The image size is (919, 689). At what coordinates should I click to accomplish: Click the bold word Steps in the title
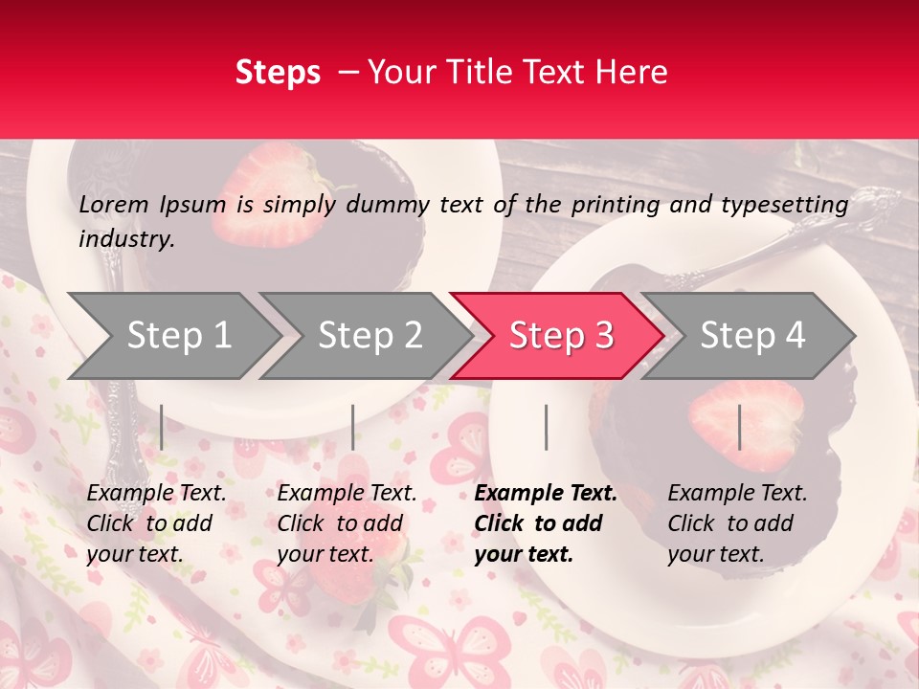278,73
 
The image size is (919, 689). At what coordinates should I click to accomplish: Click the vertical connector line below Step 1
162,427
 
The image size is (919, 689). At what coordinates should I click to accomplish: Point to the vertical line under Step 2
353,427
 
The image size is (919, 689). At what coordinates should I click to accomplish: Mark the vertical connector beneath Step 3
546,427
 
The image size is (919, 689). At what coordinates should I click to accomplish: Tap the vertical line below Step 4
739,427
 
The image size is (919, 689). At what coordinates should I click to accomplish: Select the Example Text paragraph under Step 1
156,523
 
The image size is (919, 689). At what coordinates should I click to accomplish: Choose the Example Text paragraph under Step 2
347,523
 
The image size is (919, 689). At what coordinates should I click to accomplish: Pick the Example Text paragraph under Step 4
737,523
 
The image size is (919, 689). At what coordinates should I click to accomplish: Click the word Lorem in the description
114,204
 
